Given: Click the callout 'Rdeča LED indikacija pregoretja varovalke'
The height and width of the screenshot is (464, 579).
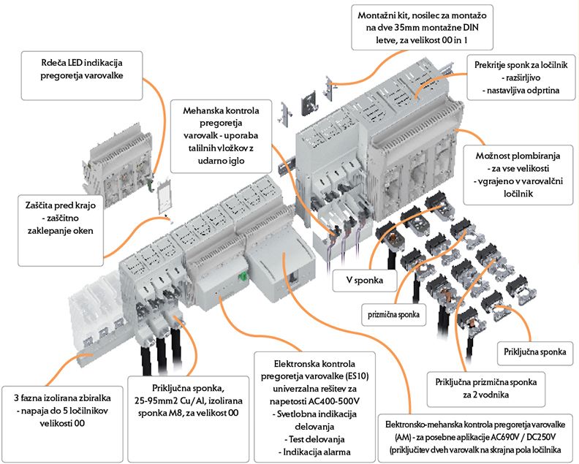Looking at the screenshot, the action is coord(82,76).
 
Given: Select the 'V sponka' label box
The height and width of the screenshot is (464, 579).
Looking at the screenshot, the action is coord(365,280).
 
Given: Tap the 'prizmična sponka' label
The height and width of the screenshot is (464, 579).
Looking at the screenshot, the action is coord(393,314).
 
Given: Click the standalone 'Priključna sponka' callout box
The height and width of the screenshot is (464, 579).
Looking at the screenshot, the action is coord(534,352).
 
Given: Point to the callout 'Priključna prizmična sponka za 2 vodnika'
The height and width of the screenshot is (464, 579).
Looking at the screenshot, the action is coord(486,389).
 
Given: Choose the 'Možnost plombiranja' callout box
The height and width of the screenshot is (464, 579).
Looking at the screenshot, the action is coord(518,175).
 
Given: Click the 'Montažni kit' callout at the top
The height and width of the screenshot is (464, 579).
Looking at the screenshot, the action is coord(422,27).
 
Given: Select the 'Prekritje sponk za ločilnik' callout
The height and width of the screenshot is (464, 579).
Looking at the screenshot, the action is coord(521,77).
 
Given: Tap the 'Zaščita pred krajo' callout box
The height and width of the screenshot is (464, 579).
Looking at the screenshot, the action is coord(61,230).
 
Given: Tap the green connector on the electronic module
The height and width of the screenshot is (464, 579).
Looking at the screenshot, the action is coord(242,276).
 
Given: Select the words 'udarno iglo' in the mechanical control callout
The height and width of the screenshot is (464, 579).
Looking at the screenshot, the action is coord(221,161).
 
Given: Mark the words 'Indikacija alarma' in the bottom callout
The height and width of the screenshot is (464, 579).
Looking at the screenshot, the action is coord(317,452).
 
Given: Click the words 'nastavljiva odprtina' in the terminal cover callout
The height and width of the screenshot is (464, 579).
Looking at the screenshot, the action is coord(523,91).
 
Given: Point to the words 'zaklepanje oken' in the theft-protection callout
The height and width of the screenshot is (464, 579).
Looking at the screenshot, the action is coord(61,231).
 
